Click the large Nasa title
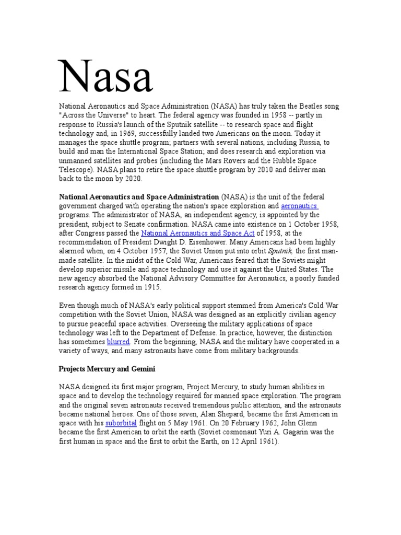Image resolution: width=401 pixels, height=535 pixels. [106, 77]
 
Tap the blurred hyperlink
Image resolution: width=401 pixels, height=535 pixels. [118, 342]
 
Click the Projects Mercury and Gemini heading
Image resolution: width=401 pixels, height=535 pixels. [107, 369]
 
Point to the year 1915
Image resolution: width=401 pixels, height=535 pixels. [151, 287]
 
